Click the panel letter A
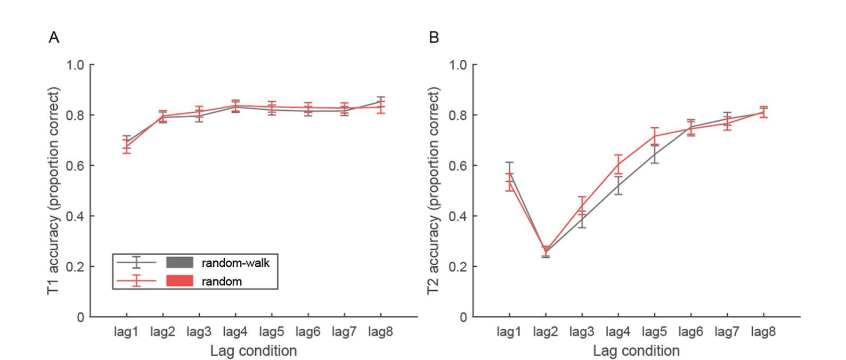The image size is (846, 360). tap(54, 37)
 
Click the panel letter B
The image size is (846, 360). tap(434, 37)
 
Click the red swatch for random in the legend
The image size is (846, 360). tap(180, 281)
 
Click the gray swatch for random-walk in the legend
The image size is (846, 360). tap(180, 263)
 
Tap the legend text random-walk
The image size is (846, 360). tap(235, 263)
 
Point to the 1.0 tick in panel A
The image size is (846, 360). tap(75, 65)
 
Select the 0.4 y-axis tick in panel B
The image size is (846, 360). tap(458, 216)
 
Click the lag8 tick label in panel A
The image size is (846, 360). tap(380, 332)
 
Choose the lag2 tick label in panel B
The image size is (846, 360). tap(545, 332)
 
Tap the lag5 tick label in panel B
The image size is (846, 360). tap(654, 332)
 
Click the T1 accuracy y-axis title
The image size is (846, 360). tap(53, 191)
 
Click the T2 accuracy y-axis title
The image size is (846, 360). tap(434, 191)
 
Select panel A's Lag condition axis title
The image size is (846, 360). tap(253, 351)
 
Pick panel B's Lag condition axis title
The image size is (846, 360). tap(636, 351)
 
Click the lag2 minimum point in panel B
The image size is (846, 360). tap(546, 251)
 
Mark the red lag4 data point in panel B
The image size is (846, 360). tap(618, 164)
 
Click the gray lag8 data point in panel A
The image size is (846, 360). tap(380, 102)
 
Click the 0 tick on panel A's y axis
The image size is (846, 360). tap(80, 317)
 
